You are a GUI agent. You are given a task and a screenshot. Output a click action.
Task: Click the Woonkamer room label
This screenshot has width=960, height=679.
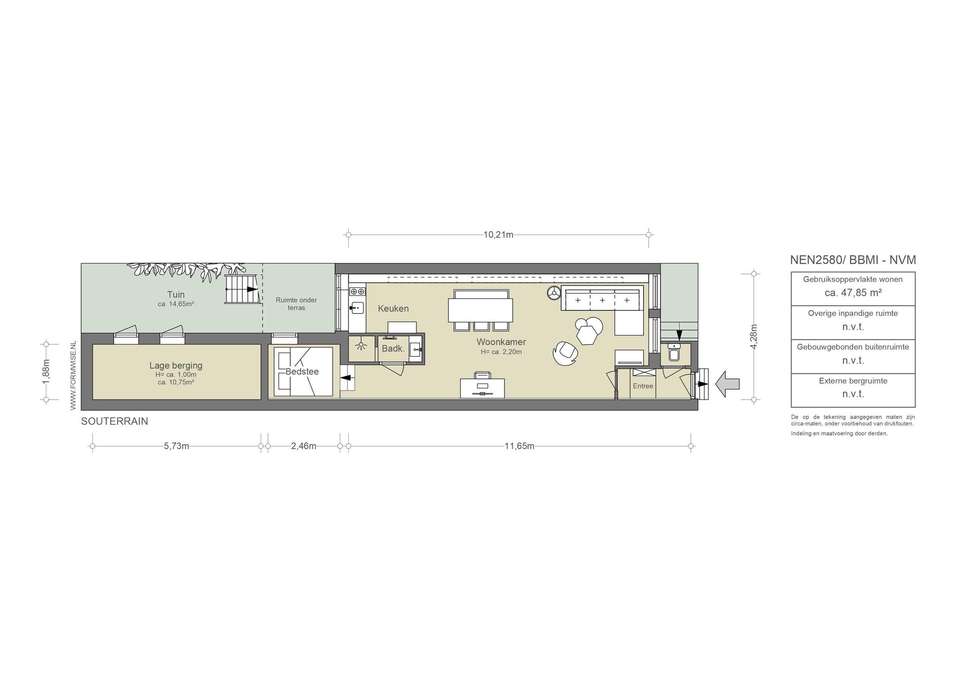coord(501,342)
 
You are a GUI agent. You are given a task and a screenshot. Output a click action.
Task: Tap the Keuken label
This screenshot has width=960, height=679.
coord(393,309)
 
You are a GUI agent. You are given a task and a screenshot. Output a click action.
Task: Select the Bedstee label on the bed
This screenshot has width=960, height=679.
coord(302,372)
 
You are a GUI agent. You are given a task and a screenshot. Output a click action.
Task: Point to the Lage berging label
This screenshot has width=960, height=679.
coord(176,366)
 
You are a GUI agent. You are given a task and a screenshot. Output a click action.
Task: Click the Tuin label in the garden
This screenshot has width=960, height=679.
coord(176,294)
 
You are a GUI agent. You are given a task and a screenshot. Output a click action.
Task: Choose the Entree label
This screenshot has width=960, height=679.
coord(643,386)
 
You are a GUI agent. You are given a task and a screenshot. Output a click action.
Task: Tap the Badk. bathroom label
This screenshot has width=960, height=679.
coord(393,348)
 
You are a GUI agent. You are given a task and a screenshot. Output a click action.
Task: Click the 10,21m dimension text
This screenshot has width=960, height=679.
coord(498,235)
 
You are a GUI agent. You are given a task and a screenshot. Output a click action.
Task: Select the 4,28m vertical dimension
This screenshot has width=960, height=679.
coord(753,336)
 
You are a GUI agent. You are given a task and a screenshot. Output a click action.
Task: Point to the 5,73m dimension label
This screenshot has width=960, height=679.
coord(176,446)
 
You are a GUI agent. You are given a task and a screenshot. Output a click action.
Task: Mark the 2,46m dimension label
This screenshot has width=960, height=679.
coord(304,446)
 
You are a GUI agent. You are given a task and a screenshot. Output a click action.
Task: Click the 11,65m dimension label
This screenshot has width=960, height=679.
coord(519,446)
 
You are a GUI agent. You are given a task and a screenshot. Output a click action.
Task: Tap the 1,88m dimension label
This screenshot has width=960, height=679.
coord(46,372)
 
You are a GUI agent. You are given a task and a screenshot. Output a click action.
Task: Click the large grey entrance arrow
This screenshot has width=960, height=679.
coord(727,384)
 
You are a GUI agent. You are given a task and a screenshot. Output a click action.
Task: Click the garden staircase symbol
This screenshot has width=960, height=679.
coord(242,289)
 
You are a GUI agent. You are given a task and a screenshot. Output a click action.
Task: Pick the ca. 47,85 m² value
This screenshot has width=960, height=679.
coord(853,293)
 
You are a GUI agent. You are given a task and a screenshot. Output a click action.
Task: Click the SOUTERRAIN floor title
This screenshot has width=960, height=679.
coord(114,422)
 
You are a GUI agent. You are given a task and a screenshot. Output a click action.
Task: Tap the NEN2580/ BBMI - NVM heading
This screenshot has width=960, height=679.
coord(853,260)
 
